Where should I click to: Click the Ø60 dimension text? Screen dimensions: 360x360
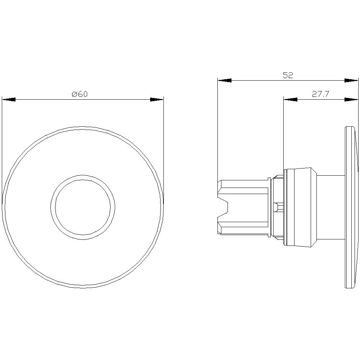point(80,94)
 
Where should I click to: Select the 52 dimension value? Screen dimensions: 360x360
point(288,75)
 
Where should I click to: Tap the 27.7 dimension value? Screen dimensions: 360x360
point(321,94)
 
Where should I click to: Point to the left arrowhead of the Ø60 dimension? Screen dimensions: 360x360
point(9,100)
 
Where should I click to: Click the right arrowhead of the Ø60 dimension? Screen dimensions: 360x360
point(157,100)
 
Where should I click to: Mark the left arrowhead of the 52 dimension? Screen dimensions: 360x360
point(224,81)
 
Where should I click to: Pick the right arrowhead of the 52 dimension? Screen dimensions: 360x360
point(351,81)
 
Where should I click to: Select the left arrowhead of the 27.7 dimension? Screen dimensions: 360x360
point(290,100)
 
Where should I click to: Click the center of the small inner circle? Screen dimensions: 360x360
point(83,207)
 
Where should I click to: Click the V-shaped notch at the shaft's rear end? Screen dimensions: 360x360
point(225,207)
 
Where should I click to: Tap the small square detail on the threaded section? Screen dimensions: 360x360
point(276,207)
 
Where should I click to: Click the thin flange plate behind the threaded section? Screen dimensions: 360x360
point(269,207)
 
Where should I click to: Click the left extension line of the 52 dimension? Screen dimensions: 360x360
point(218,130)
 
